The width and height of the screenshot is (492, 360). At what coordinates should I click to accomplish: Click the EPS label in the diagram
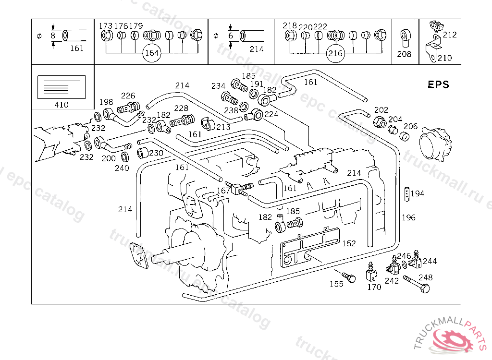click(438, 84)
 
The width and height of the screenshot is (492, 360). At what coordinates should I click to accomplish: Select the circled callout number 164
click(152, 53)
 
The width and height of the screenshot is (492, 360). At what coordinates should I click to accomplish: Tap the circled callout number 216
click(335, 53)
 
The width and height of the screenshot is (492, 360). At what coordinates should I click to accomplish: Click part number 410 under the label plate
click(61, 105)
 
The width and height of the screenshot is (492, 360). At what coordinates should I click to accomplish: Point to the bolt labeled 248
click(416, 284)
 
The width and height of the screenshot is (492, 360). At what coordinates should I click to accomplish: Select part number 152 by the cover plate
click(349, 243)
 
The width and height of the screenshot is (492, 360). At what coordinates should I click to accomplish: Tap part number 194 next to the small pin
click(417, 193)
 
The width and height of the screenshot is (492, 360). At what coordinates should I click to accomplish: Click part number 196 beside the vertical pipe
click(408, 217)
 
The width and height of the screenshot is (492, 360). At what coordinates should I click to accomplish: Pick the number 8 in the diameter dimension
click(53, 36)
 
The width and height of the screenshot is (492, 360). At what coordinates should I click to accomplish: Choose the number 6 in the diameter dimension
click(231, 36)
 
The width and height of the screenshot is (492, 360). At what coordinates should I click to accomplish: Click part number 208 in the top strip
click(404, 54)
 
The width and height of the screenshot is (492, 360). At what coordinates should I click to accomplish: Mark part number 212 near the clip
click(450, 35)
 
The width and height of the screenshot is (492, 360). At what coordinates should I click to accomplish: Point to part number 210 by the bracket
click(444, 58)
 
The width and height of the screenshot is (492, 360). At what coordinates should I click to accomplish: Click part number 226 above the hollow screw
click(128, 96)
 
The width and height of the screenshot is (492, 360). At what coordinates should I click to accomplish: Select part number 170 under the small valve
click(374, 287)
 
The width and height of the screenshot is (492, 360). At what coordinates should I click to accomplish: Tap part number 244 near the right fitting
click(430, 261)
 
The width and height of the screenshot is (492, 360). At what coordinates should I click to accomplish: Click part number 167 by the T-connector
click(223, 191)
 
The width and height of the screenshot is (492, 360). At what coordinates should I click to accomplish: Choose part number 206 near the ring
click(410, 126)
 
